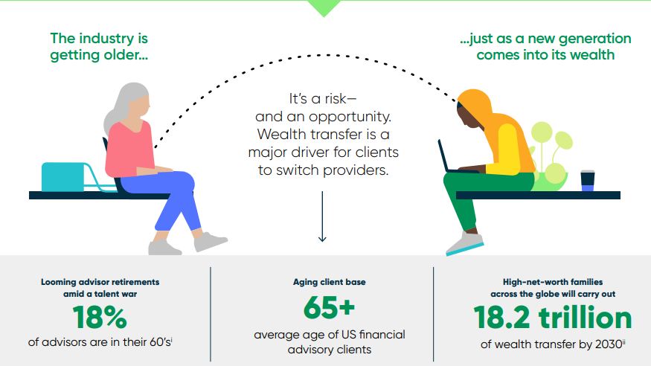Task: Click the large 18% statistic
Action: click(100, 318)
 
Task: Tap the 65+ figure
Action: click(330, 307)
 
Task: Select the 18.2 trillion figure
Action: click(553, 318)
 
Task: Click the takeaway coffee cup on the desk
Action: click(588, 181)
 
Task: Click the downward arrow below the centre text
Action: click(322, 216)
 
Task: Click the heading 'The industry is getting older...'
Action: click(99, 46)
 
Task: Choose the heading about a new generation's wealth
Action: click(545, 46)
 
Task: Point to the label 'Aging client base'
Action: click(330, 282)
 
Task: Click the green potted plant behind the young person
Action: click(550, 158)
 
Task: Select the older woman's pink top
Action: click(129, 149)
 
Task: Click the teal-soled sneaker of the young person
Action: click(465, 244)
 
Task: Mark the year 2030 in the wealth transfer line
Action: click(609, 344)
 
